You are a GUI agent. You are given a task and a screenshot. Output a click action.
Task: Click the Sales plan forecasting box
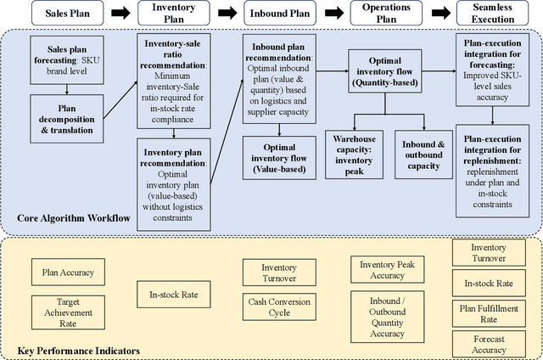coord(67,59)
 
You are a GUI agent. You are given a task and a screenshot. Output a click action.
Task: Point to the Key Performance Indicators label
coord(78,350)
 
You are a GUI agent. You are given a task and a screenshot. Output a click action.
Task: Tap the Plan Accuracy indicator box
coord(67,273)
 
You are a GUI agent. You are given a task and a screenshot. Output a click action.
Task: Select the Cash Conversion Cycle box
coord(279,307)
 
